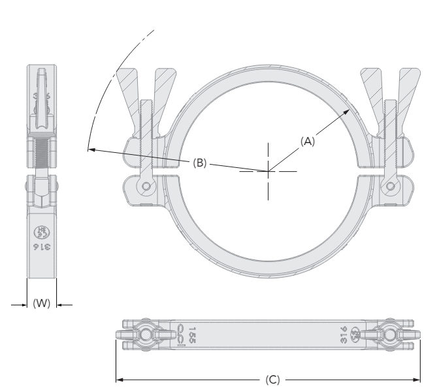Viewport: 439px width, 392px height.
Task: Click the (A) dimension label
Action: [x=308, y=140]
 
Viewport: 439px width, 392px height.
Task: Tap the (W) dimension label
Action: [x=41, y=304]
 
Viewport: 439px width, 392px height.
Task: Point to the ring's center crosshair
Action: [x=267, y=171]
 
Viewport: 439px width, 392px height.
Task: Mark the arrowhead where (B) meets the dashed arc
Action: [x=89, y=150]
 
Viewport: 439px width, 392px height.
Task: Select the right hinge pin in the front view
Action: [x=390, y=187]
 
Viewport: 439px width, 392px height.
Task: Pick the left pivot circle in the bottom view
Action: [x=145, y=335]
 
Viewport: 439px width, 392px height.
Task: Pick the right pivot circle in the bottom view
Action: [x=390, y=335]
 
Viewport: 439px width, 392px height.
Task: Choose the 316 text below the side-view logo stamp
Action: [x=41, y=249]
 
